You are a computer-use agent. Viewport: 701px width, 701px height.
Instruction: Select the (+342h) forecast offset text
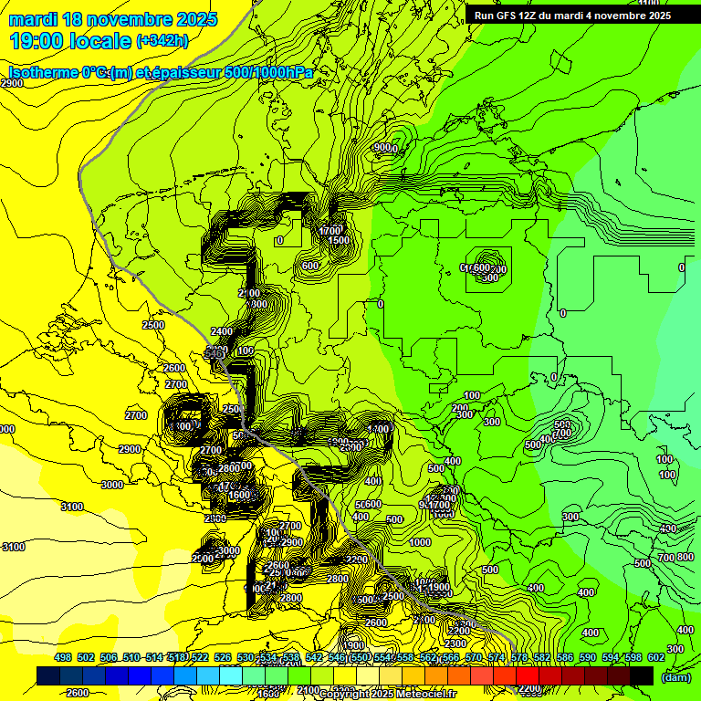(162, 41)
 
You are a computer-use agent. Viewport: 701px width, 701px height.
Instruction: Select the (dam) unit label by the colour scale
(675, 678)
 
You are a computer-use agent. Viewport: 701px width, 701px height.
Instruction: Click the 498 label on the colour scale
(63, 658)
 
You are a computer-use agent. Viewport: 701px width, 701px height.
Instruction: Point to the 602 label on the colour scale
(655, 658)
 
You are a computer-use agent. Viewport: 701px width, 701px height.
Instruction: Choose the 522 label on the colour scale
(201, 658)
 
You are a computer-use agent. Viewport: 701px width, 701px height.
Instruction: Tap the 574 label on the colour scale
(497, 658)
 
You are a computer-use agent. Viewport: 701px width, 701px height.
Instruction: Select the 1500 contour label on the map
(340, 240)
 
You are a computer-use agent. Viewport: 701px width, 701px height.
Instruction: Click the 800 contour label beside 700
(683, 557)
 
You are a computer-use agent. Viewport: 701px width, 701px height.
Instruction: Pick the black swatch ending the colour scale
(642, 675)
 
